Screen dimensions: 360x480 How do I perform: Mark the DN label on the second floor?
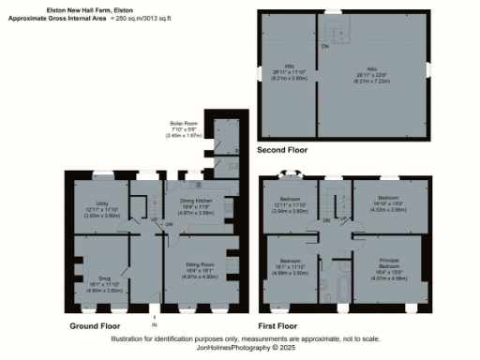[325, 46]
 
